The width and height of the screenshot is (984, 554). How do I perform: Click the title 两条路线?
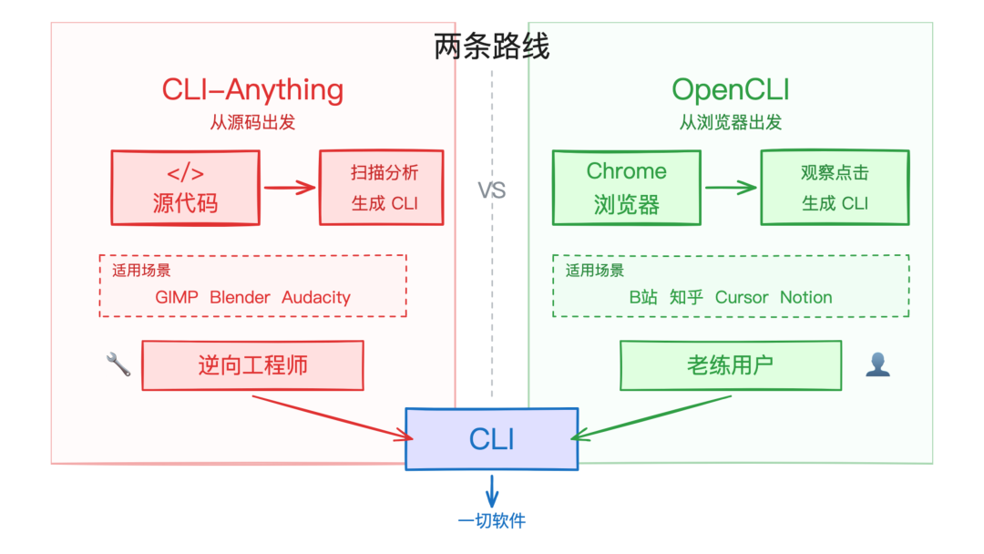point(492,46)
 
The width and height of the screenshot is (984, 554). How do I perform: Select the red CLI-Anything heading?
point(252,90)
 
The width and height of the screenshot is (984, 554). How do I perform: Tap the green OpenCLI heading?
point(730,90)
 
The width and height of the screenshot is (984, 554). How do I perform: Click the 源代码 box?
point(185,188)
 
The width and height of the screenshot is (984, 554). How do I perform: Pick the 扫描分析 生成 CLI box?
point(382,188)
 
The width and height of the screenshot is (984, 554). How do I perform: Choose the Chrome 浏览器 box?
point(626,188)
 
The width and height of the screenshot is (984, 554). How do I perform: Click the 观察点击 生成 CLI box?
point(835,188)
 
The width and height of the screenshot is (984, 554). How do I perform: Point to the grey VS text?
point(492,190)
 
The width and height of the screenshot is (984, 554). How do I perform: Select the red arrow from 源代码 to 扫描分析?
point(290,189)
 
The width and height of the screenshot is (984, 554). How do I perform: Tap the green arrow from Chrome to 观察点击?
point(731,189)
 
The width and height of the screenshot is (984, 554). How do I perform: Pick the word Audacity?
point(315,297)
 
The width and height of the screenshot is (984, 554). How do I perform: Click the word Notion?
point(805,297)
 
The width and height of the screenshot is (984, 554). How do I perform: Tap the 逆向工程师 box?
point(252,365)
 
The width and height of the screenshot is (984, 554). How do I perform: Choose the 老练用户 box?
point(730,365)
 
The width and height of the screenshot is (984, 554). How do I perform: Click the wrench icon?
point(118,365)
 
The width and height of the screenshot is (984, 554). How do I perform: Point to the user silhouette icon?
point(877,365)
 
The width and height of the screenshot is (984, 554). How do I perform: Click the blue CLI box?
point(491,439)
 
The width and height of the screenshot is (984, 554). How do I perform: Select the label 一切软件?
point(492,521)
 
